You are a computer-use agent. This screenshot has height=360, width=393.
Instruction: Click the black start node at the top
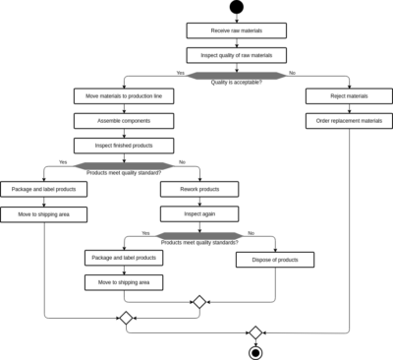(x=236, y=7)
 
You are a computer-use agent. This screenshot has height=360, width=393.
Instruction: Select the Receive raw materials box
(x=236, y=31)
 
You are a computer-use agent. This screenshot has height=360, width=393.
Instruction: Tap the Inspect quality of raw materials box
(x=236, y=55)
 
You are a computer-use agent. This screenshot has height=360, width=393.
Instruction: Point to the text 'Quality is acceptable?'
(x=236, y=83)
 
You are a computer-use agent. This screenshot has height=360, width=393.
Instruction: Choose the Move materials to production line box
(x=124, y=96)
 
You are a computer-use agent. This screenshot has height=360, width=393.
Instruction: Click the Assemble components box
(x=124, y=121)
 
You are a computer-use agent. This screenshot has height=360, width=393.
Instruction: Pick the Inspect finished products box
(x=124, y=146)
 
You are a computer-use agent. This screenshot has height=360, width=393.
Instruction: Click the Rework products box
(x=199, y=189)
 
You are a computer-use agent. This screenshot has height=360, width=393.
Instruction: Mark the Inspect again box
(x=199, y=213)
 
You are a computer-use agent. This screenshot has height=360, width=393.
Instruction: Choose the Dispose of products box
(x=275, y=260)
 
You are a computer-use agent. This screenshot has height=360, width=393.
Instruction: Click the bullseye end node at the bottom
(x=255, y=351)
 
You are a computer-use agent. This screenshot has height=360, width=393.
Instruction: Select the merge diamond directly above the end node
(x=255, y=332)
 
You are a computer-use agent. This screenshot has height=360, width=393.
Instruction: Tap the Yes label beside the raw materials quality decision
(x=180, y=73)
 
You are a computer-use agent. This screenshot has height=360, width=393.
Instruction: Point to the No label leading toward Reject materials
(x=293, y=73)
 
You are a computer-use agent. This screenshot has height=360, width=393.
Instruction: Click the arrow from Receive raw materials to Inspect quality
(x=236, y=43)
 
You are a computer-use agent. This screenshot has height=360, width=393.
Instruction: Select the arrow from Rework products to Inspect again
(x=199, y=201)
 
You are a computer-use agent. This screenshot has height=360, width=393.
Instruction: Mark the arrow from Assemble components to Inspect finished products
(x=124, y=133)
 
